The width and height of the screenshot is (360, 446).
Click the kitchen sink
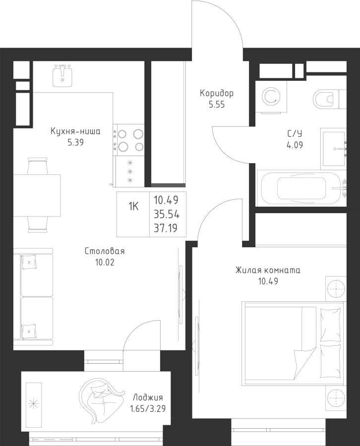63,76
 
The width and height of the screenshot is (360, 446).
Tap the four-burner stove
129,139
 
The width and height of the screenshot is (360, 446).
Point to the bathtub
300,189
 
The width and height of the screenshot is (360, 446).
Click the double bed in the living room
294,342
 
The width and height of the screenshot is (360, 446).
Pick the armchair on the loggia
101,399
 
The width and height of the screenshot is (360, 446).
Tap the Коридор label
217,93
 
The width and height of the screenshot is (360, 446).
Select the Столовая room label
104,251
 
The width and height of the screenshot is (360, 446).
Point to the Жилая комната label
268,271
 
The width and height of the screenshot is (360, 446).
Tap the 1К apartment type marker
133,207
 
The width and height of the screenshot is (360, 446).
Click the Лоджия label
148,398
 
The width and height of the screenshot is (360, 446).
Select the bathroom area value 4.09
295,146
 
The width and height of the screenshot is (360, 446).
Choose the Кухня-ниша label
76,132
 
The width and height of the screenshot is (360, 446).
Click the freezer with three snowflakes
130,171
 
